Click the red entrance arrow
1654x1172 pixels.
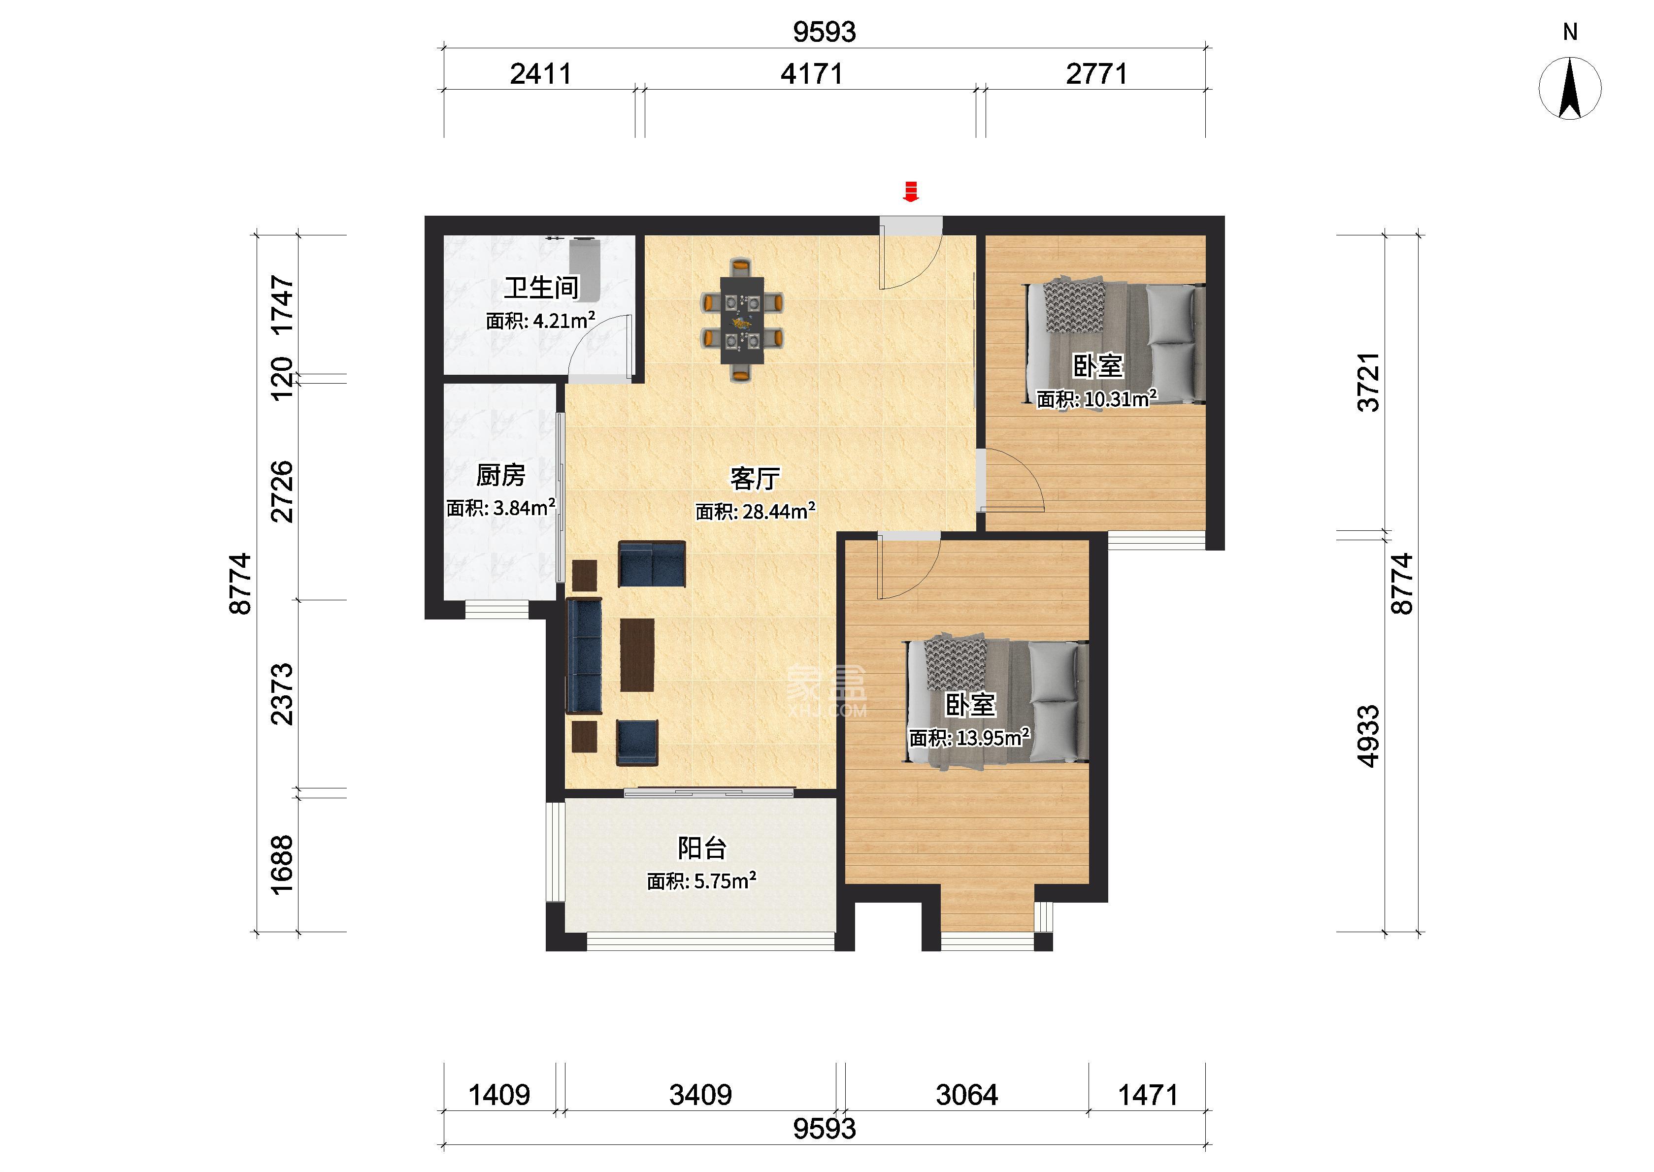click(911, 191)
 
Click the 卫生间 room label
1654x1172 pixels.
click(541, 288)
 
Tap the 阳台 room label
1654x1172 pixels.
click(701, 848)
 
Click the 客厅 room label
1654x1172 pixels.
click(756, 479)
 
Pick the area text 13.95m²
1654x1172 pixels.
click(993, 738)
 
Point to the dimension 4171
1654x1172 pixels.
click(812, 73)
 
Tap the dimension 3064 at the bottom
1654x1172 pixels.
click(967, 1095)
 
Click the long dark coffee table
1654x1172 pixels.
click(637, 654)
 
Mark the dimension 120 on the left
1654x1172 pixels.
click(282, 379)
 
